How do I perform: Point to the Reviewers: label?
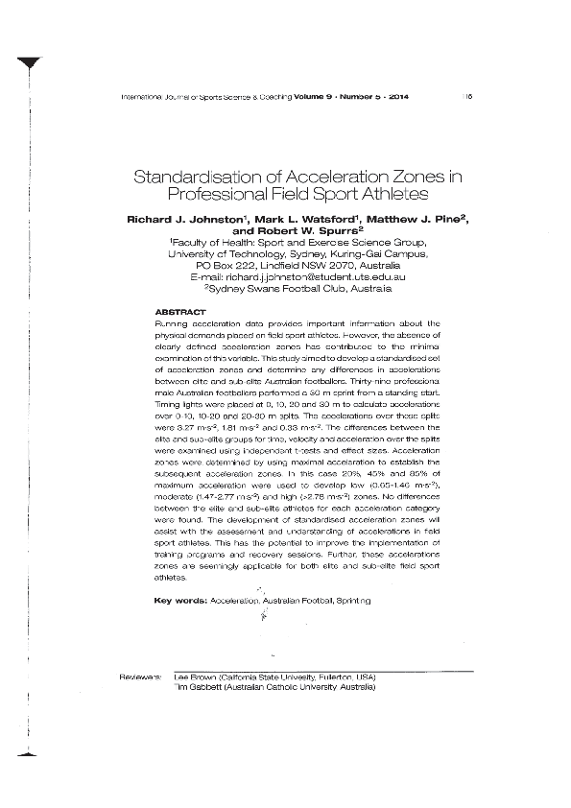(139, 677)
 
